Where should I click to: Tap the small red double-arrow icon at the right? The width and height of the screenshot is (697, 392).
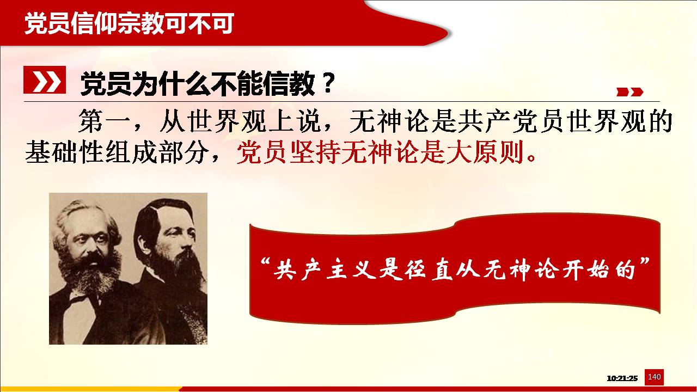point(630,92)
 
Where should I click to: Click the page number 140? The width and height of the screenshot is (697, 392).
point(654,377)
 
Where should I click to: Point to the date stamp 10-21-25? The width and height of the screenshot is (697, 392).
point(622,378)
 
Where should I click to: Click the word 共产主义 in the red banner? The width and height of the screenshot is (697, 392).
point(325,269)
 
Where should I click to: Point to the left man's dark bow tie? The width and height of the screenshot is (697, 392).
point(80,299)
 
